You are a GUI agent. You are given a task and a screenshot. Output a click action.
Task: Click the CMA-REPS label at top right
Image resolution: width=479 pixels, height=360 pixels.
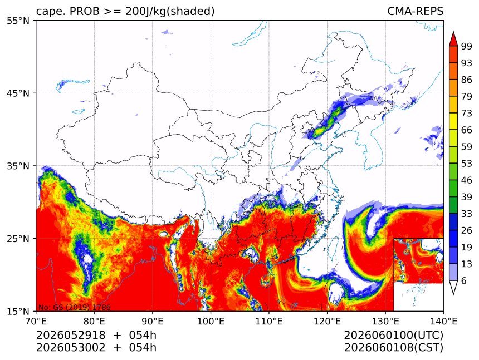(415, 11)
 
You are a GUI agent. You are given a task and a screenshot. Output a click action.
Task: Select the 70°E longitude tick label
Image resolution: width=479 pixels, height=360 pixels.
(36, 321)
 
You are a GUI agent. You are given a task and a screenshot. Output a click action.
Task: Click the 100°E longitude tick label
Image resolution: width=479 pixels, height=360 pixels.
(211, 321)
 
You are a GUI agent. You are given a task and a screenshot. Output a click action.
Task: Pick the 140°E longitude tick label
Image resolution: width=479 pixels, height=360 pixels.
(443, 321)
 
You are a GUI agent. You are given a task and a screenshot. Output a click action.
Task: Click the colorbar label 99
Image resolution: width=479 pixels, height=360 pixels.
(467, 46)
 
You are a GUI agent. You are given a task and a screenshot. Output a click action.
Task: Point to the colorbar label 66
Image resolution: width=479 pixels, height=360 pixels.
(467, 130)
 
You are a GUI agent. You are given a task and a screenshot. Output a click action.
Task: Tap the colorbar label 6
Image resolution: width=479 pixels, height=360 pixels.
(464, 280)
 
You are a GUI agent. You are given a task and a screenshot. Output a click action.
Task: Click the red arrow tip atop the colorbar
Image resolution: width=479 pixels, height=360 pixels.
(453, 32)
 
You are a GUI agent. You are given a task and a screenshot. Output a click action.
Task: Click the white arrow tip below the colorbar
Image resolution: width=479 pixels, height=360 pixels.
(453, 294)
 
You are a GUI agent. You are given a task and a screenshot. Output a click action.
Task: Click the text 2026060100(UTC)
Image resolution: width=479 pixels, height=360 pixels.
(393, 336)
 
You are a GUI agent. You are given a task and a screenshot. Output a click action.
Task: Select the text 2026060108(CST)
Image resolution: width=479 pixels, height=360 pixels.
(393, 348)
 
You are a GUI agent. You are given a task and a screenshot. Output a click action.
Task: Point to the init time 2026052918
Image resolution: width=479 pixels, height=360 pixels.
(71, 336)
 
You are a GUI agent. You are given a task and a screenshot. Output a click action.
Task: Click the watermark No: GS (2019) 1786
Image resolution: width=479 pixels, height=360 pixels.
(74, 307)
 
